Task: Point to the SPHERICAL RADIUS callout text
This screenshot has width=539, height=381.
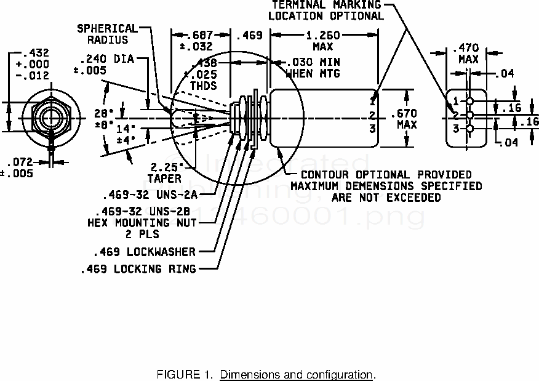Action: (107, 29)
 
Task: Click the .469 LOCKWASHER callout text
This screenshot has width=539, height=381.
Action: (145, 252)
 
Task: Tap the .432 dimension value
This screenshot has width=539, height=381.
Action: (35, 53)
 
